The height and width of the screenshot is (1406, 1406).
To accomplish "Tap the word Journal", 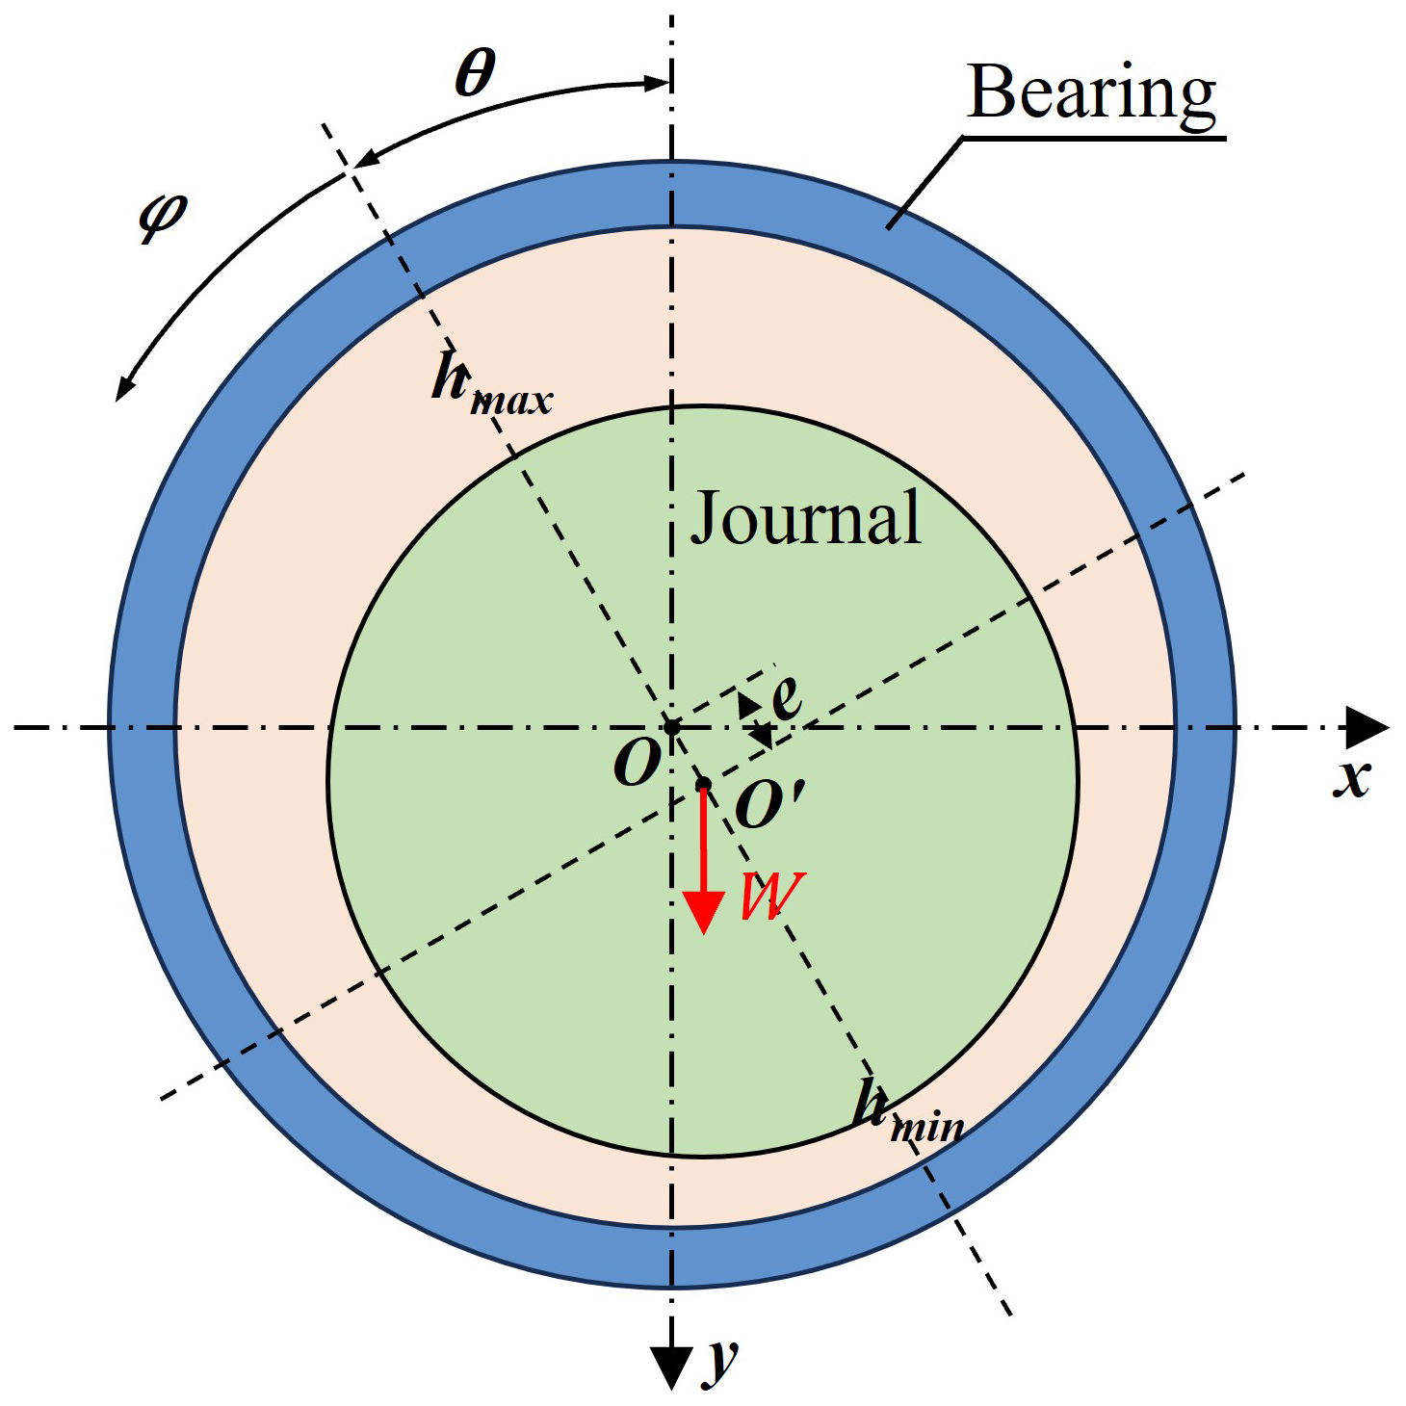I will pyautogui.click(x=805, y=518).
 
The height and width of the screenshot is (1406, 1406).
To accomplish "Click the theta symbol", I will pyautogui.click(x=475, y=73).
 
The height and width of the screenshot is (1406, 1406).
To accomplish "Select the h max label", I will pyautogui.click(x=490, y=385).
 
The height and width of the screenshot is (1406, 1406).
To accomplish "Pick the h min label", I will pyautogui.click(x=908, y=1112).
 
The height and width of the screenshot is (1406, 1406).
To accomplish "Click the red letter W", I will pyautogui.click(x=771, y=897).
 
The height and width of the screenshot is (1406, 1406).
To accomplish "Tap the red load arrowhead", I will pyautogui.click(x=704, y=911).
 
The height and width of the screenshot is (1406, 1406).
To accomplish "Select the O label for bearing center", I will pyautogui.click(x=637, y=765).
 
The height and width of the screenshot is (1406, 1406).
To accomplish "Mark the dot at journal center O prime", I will pyautogui.click(x=704, y=784).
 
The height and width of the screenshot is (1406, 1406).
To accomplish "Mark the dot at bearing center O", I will pyautogui.click(x=672, y=727).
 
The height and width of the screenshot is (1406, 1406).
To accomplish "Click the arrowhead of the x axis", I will pyautogui.click(x=1367, y=727).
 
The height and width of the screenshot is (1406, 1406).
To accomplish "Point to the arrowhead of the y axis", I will pyautogui.click(x=672, y=1367).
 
